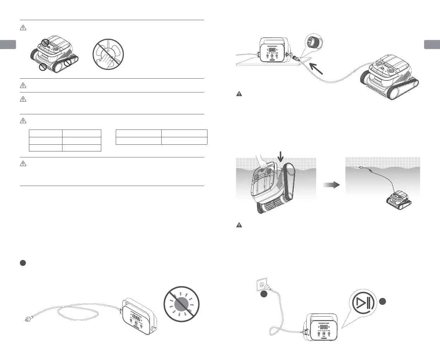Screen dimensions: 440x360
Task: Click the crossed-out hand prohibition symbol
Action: [x=108, y=55]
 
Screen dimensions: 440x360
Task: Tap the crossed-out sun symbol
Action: [x=182, y=304]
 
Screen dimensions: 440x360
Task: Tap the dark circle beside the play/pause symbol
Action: [x=383, y=301]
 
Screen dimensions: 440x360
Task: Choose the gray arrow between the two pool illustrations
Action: [x=331, y=185]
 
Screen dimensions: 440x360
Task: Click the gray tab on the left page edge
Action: [x=8, y=45]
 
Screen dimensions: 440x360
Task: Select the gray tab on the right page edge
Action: [x=432, y=45]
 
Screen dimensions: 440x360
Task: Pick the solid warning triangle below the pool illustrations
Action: [x=239, y=225]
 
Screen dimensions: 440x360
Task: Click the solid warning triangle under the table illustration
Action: [x=239, y=94]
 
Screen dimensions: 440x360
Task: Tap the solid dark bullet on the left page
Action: [x=23, y=263]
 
